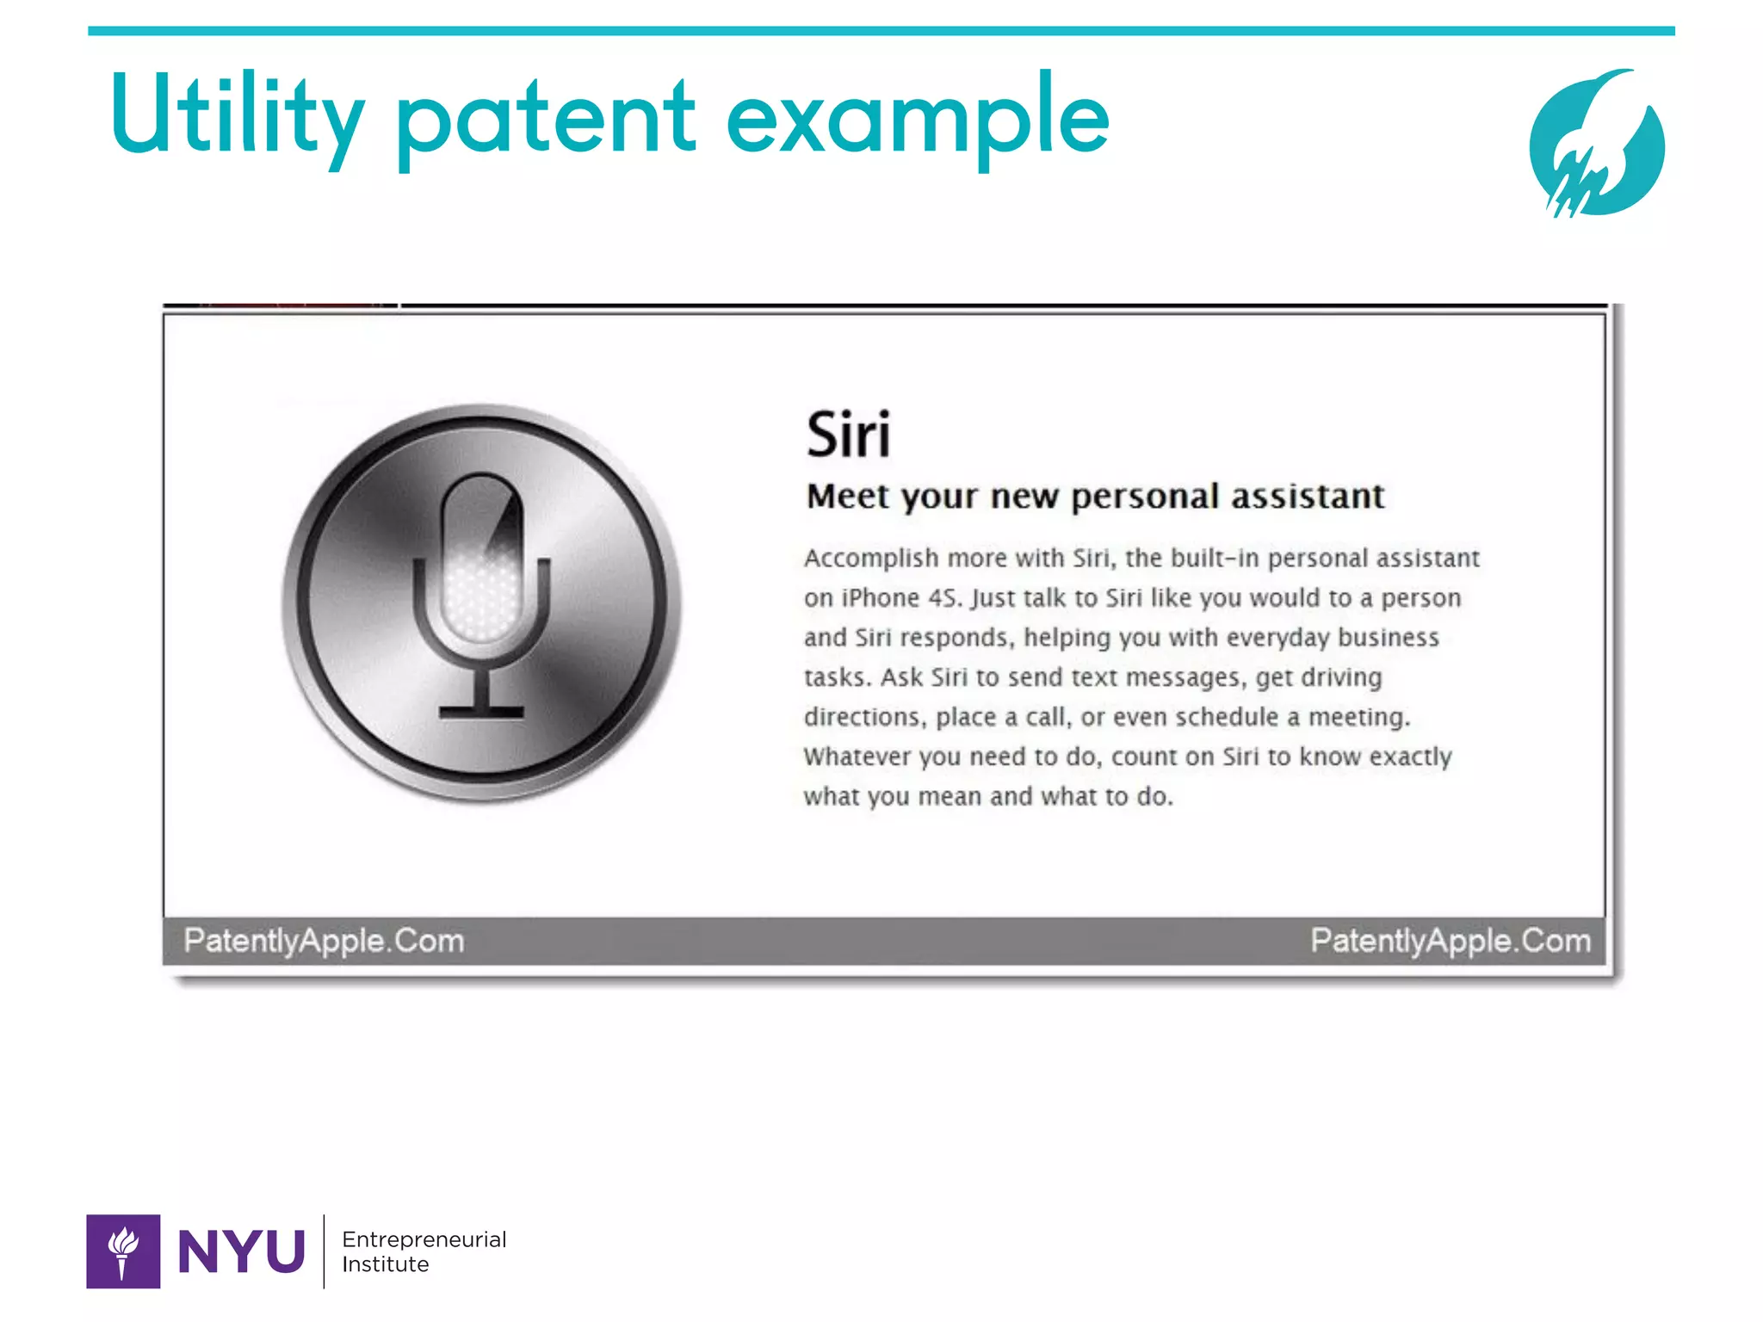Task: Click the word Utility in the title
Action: tap(238, 116)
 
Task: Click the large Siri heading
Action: tap(848, 435)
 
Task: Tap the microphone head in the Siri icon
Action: tap(481, 559)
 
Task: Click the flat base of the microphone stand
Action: tap(481, 712)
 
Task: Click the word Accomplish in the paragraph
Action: tap(871, 559)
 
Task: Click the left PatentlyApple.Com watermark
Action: tap(324, 941)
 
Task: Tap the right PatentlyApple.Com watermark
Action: tap(1451, 941)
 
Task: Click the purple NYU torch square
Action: tap(123, 1251)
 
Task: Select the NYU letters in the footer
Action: tap(241, 1251)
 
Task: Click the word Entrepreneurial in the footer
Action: tap(424, 1239)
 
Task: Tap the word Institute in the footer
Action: tap(386, 1264)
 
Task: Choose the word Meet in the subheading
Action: tap(848, 497)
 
